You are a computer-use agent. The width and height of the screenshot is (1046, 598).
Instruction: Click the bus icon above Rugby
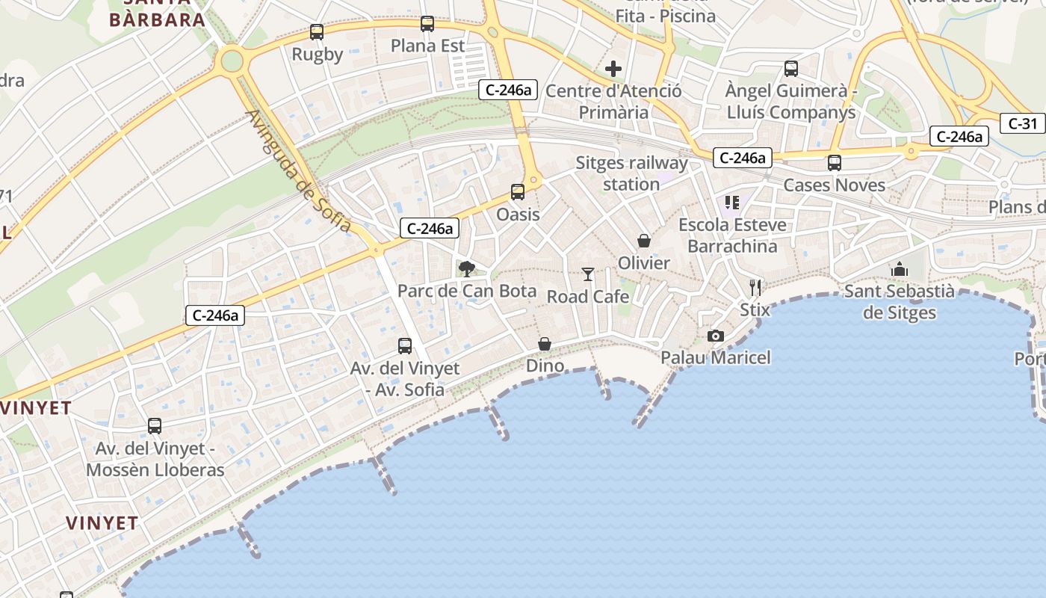[x=317, y=32]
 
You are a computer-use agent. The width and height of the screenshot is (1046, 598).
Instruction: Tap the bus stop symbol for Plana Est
[x=427, y=24]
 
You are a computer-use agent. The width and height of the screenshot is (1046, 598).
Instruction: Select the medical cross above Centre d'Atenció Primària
[x=613, y=70]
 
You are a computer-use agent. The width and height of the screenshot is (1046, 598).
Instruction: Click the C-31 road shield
[x=1022, y=123]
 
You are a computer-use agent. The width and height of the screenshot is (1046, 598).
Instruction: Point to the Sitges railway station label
[x=631, y=173]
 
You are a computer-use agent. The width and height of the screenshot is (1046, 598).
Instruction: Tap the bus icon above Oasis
[x=518, y=192]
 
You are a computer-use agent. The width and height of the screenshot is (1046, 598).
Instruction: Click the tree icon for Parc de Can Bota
[x=467, y=268]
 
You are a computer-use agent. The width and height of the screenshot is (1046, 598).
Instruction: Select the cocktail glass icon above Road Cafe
[x=588, y=274]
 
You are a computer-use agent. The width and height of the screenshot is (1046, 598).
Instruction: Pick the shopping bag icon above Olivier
[x=644, y=241]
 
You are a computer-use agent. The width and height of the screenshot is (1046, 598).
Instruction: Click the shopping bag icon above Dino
[x=545, y=344]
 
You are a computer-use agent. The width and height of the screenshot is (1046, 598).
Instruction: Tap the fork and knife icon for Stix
[x=755, y=287]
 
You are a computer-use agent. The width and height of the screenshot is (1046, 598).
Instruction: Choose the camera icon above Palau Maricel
[x=716, y=336]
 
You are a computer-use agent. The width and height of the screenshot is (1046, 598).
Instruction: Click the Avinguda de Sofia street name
[x=297, y=171]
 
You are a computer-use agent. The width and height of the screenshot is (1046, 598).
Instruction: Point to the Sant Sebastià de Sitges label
[x=900, y=301]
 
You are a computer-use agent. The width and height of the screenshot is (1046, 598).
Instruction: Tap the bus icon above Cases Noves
[x=835, y=162]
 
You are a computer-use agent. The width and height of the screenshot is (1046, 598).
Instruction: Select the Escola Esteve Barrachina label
[x=732, y=235]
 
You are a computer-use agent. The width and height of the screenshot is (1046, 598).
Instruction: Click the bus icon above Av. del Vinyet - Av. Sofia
[x=405, y=346]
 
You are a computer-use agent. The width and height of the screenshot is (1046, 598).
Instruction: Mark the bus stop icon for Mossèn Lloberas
[x=155, y=426]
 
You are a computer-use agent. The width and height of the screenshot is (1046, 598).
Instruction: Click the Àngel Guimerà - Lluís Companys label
[x=791, y=102]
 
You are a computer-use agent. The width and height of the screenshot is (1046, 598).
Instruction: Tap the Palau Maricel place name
[x=716, y=357]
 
